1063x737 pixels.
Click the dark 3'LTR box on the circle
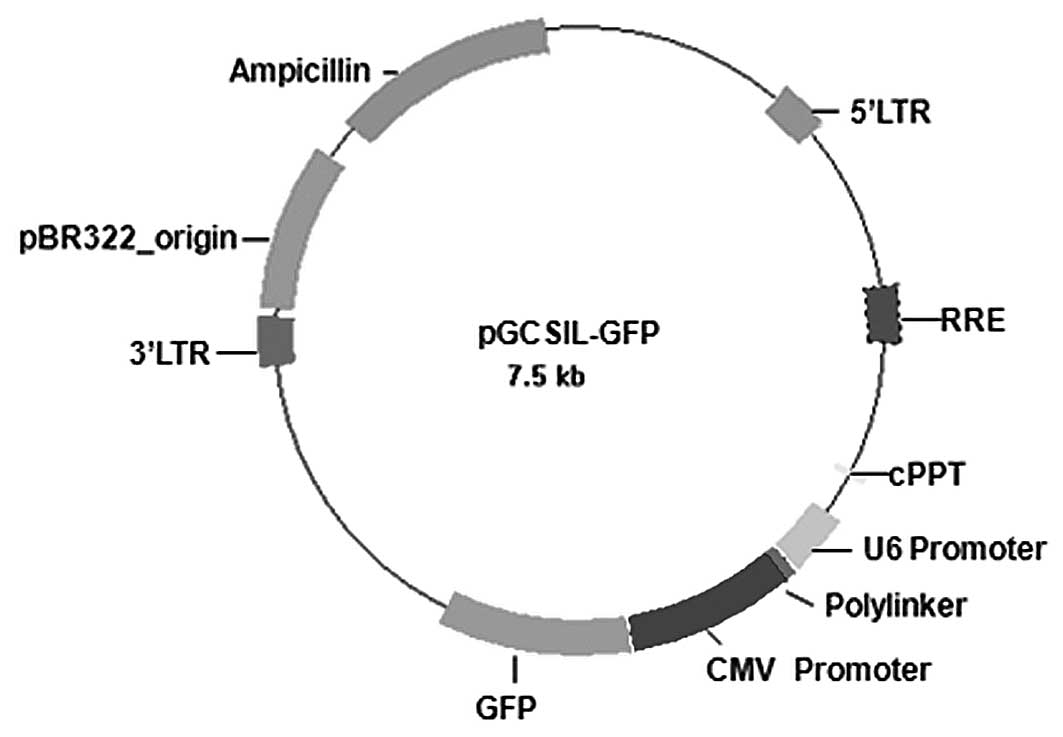[x=275, y=340]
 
